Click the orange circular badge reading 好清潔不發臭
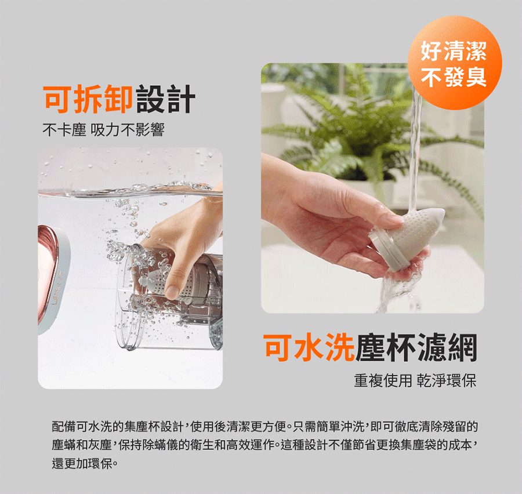455,63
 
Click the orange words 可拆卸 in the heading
88,99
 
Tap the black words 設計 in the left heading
165,99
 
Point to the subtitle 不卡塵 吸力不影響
104,129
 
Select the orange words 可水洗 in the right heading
309,347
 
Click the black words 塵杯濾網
416,347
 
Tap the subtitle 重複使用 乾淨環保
415,380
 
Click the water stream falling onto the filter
415,147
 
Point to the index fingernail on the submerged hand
172,292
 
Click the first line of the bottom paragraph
265,426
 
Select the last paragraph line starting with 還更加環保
85,463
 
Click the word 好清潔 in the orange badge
454,51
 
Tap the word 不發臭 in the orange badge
454,77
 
